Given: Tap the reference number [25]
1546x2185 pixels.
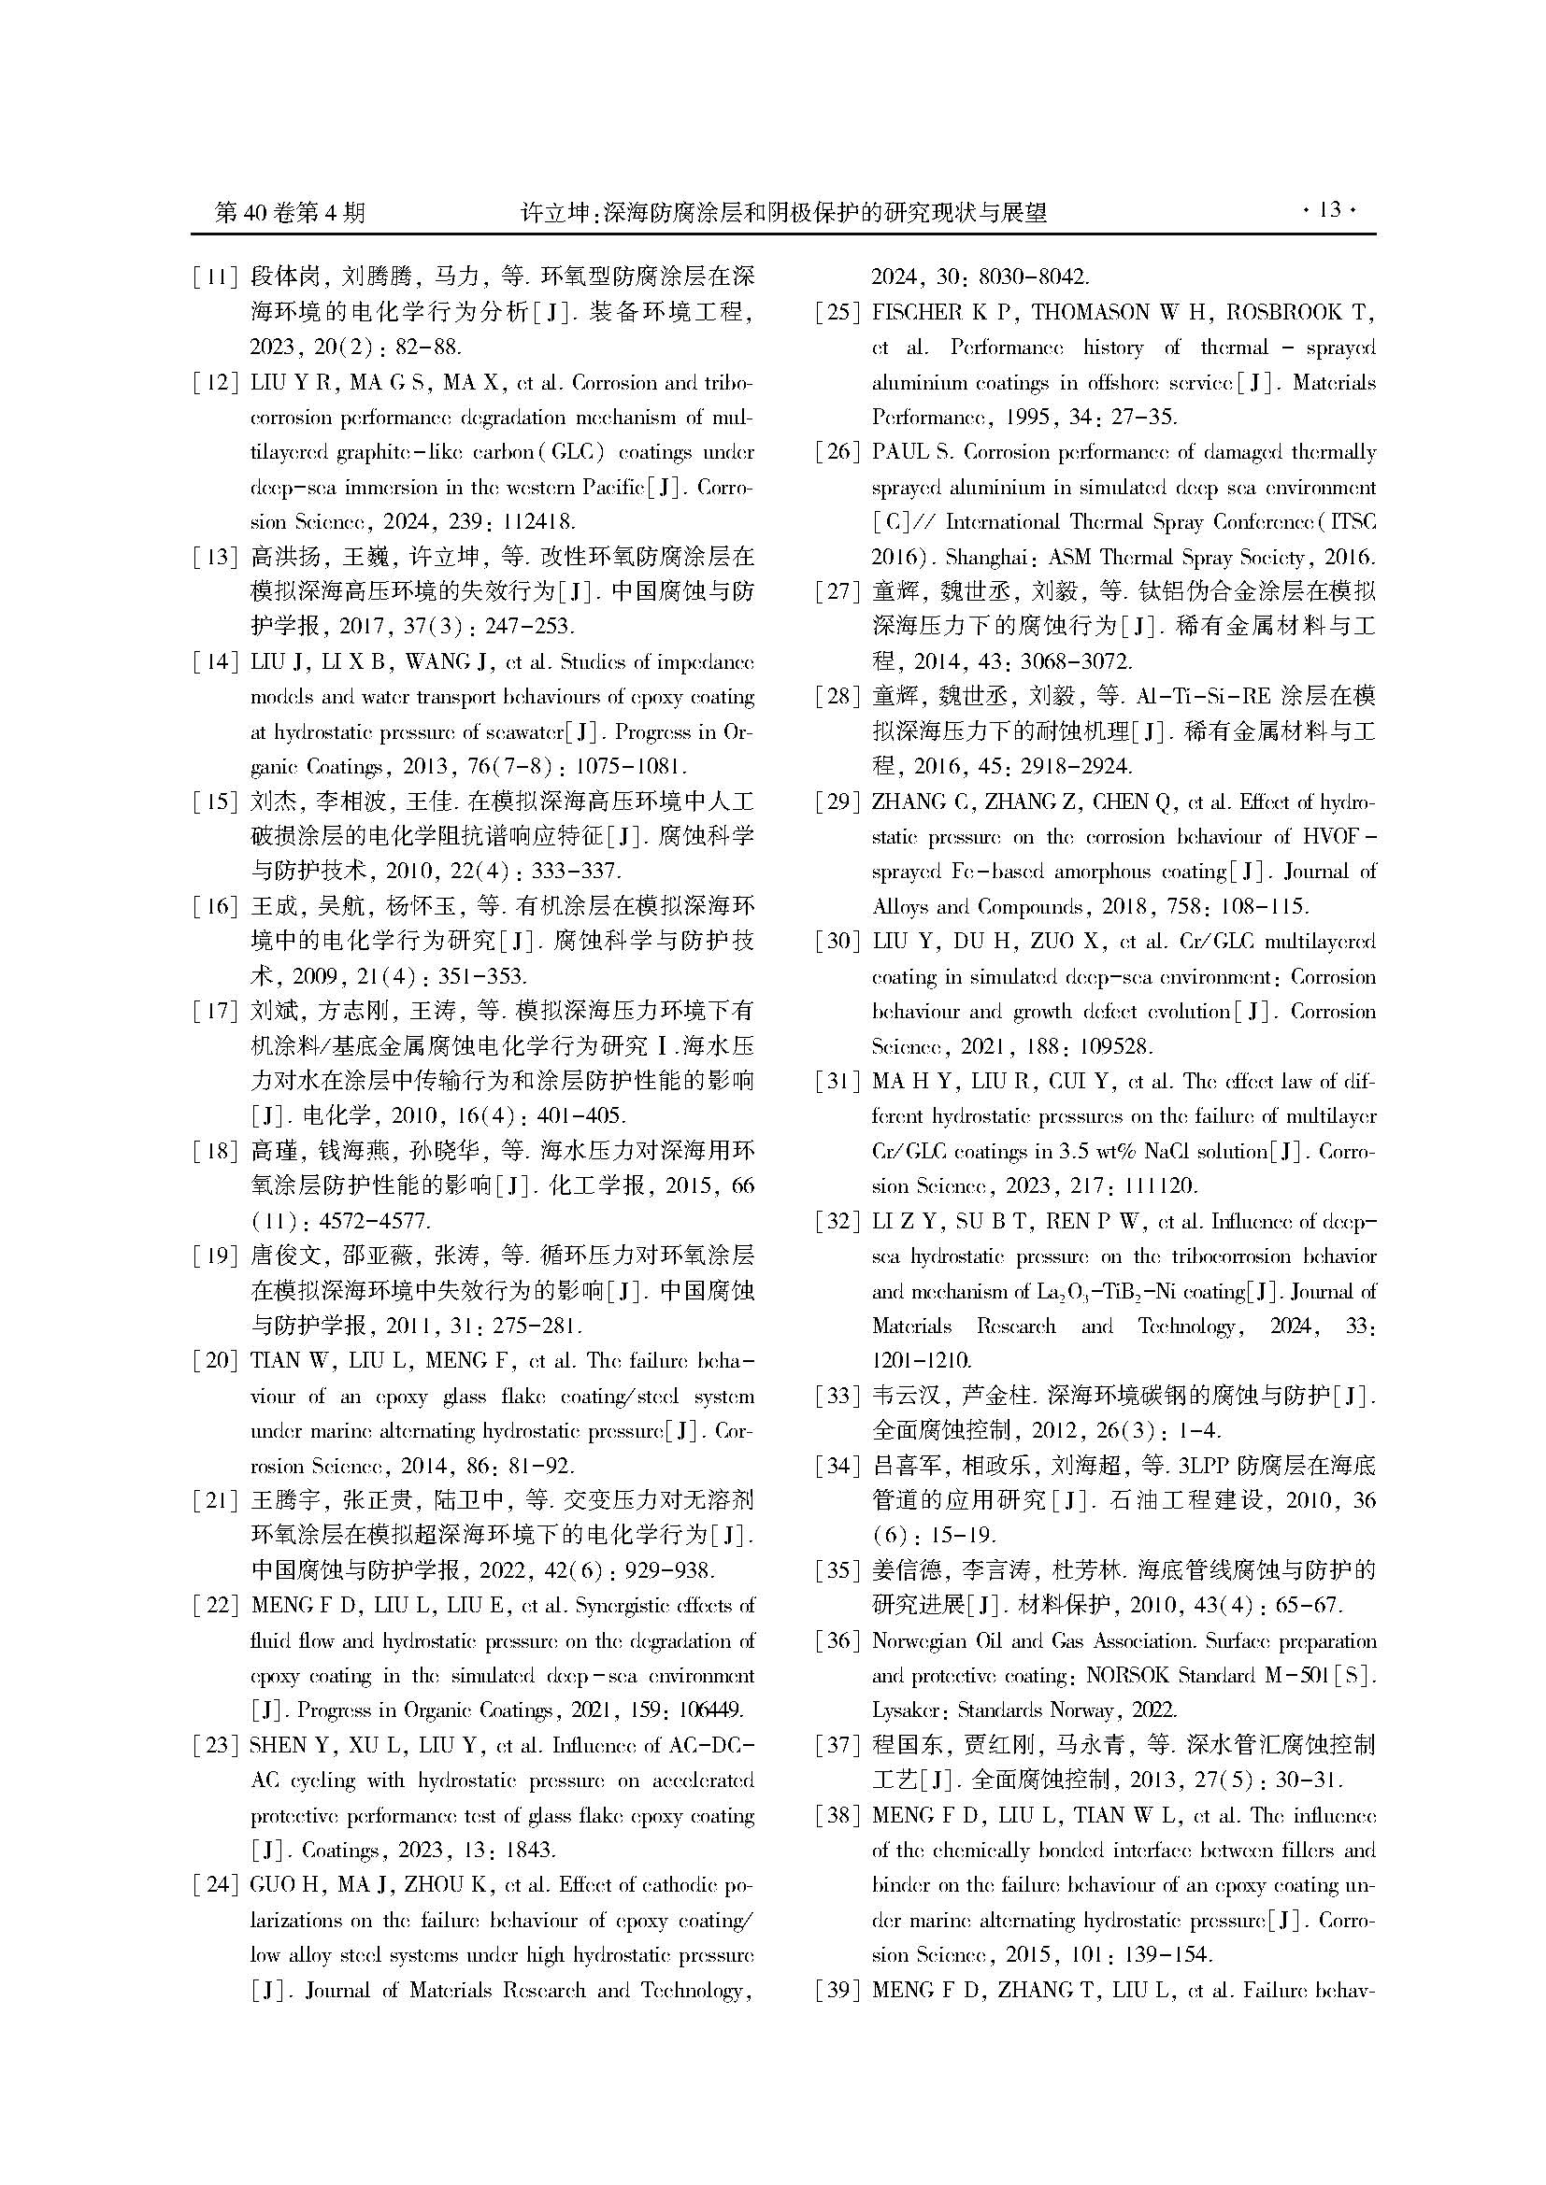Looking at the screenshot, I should coord(837,312).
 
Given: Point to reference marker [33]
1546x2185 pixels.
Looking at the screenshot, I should coord(837,1396).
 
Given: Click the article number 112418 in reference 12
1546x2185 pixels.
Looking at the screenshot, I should coord(535,521).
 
